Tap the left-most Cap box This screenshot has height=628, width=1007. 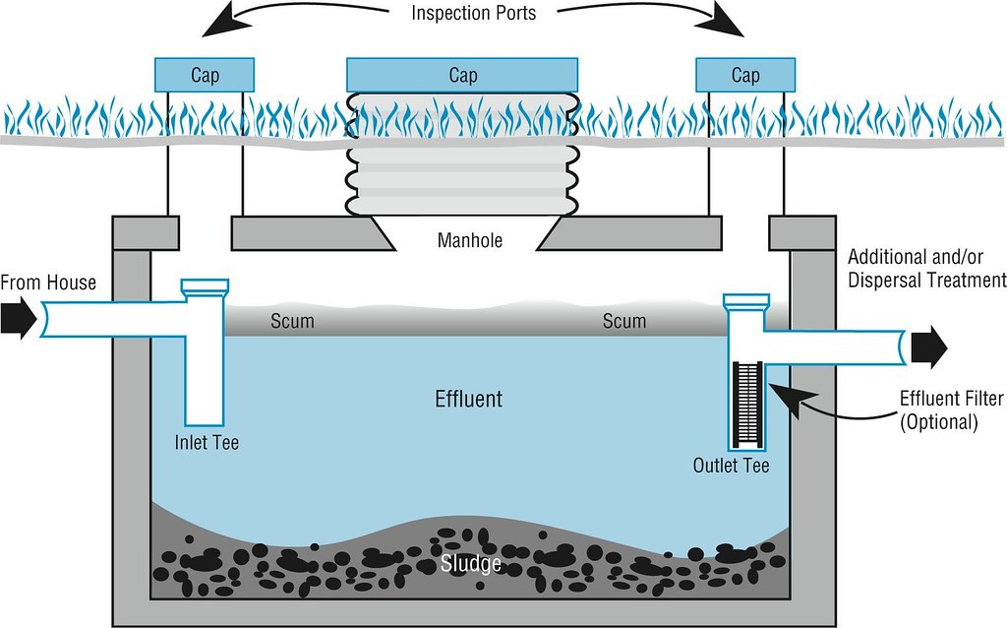[205, 75]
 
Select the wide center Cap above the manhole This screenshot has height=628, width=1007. [462, 75]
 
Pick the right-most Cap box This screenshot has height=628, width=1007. [744, 75]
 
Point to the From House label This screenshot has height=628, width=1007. [48, 283]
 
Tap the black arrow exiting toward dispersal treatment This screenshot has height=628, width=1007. [928, 345]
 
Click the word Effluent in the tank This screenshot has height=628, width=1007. [469, 400]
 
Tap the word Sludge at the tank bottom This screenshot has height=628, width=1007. [471, 563]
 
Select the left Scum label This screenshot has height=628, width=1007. [292, 321]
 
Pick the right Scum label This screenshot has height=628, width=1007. [624, 321]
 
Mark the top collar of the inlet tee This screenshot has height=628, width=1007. [205, 288]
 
